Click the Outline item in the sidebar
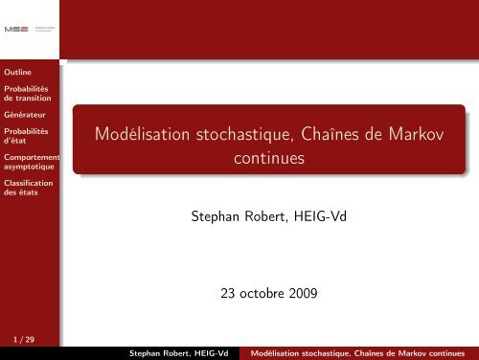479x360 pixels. click(x=17, y=71)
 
